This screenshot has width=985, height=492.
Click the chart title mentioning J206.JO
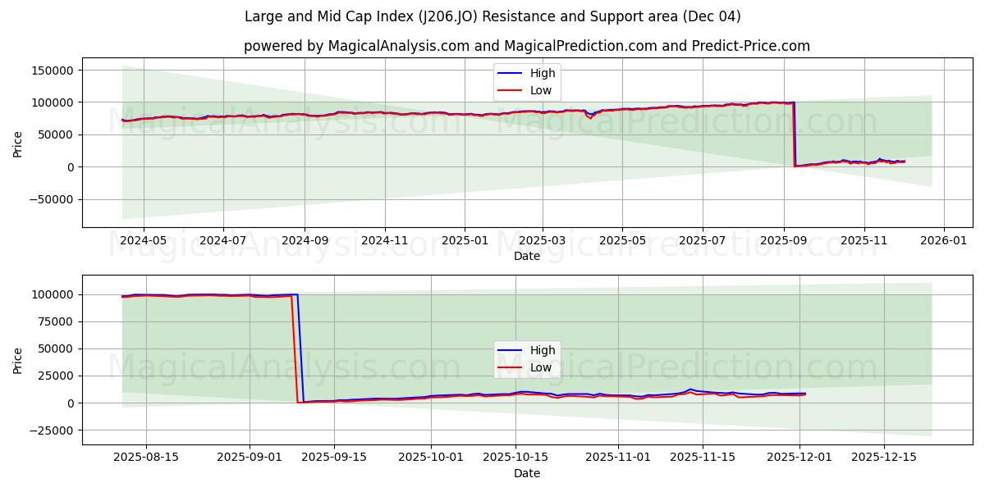coord(492,16)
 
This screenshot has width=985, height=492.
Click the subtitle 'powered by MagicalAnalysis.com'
coord(526,46)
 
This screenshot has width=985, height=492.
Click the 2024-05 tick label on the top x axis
coord(143,241)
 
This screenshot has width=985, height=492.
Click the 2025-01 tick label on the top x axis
coord(465,241)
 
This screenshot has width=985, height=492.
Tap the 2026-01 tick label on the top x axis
coord(943,241)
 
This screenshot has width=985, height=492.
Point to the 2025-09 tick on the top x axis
coord(783,241)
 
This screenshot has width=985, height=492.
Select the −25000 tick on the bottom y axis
coord(54,430)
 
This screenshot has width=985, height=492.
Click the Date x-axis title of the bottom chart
coord(526,473)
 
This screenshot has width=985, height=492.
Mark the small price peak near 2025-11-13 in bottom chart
coord(690,389)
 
